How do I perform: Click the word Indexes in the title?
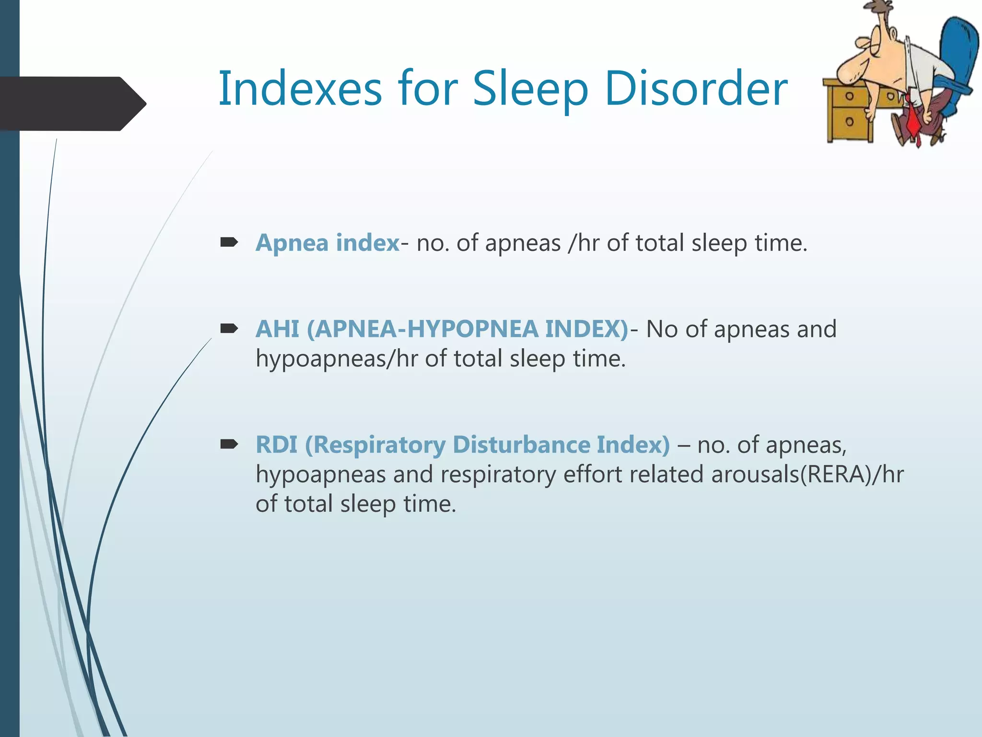pos(300,89)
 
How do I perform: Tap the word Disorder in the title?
pos(696,89)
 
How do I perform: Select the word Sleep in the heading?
pos(530,89)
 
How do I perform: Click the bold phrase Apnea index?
pos(327,242)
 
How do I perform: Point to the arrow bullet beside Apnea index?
pos(229,242)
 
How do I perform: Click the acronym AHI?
pos(278,329)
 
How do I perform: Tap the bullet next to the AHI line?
pos(229,329)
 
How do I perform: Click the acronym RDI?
pos(277,444)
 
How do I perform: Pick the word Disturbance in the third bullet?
pos(521,444)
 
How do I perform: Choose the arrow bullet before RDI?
pos(229,444)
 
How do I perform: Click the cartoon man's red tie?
pos(914,122)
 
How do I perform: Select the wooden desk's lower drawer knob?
pos(849,121)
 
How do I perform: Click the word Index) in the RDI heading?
pos(633,444)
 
